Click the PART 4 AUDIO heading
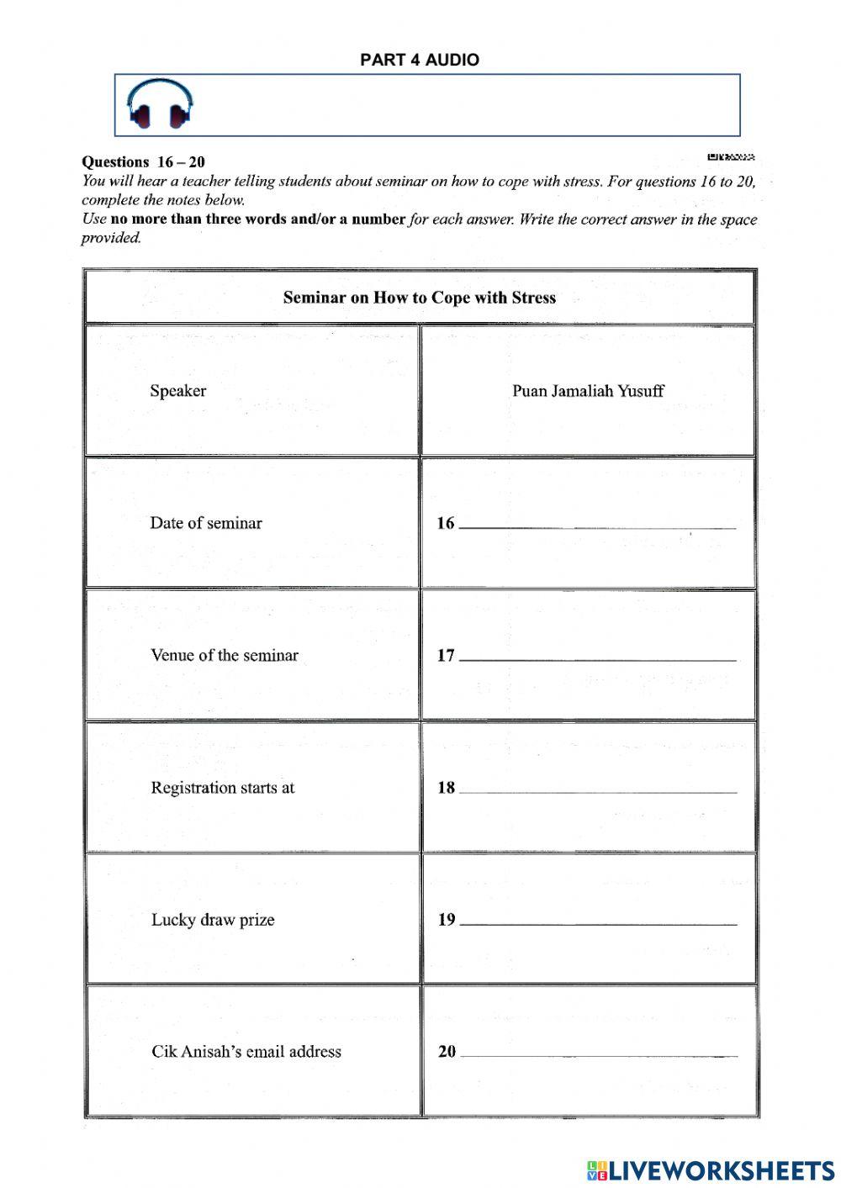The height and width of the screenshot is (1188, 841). (420, 60)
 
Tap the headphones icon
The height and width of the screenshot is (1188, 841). (160, 104)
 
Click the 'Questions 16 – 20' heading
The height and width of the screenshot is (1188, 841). (143, 162)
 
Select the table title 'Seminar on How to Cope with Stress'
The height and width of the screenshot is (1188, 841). (420, 298)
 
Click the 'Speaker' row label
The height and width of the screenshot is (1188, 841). (177, 391)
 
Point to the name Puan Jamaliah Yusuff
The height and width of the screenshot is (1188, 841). (588, 391)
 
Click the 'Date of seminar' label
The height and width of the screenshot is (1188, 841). (206, 523)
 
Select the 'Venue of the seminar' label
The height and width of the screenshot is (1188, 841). (225, 656)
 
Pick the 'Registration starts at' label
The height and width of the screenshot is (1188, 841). (223, 788)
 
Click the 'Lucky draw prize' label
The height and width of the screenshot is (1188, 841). (213, 920)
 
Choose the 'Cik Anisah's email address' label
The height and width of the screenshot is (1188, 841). (246, 1052)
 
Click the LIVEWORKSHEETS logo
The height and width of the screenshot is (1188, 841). (711, 1170)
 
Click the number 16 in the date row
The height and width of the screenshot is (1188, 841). (445, 523)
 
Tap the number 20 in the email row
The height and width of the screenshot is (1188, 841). (447, 1052)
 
